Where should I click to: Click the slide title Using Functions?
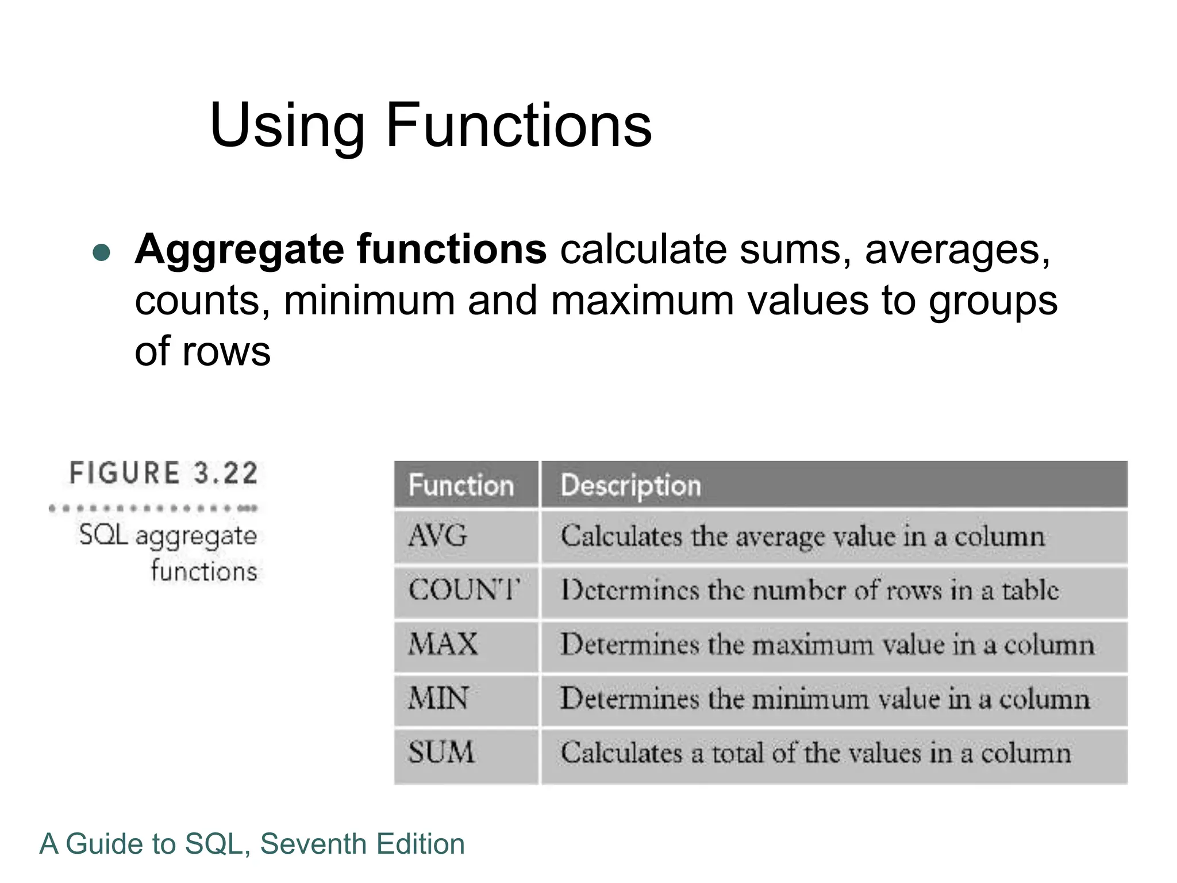coord(430,125)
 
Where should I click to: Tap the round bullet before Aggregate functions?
coord(101,252)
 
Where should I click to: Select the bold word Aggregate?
coord(239,249)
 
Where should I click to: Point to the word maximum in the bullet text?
coord(642,301)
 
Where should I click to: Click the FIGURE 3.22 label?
coord(164,473)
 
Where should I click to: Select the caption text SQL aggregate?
coord(168,535)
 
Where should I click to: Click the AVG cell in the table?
coord(438,536)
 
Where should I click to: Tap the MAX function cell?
coord(443,644)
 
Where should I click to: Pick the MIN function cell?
coord(439,698)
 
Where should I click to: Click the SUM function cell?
coord(441,753)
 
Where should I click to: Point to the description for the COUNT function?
coord(810,590)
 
